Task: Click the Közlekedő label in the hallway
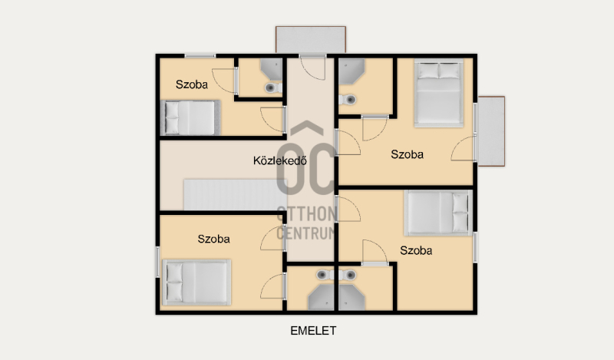279,160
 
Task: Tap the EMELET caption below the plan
313,331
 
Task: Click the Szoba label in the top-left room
191,84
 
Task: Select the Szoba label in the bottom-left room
213,239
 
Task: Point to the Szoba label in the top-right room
407,154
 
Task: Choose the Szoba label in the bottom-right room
416,251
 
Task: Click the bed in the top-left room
190,117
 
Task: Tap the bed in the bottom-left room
196,282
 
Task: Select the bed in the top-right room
439,93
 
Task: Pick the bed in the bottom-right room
438,213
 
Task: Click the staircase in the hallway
235,195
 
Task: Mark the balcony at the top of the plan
311,40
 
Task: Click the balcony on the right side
491,131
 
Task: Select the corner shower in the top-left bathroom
272,69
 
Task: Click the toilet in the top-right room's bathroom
348,100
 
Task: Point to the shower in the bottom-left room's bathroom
321,297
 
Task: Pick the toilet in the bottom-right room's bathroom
348,275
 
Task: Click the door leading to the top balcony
312,68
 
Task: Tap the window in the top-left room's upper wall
200,56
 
